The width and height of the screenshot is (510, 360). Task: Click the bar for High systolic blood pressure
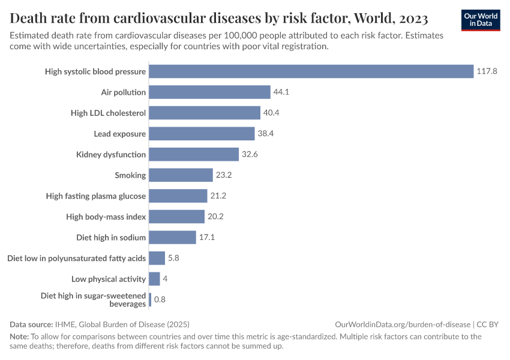311,71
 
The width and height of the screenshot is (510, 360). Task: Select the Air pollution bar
209,92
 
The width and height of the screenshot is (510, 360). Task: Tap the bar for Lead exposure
202,133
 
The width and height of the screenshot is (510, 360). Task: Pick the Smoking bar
181,175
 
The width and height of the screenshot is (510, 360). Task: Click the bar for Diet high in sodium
172,237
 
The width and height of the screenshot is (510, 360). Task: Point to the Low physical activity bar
154,279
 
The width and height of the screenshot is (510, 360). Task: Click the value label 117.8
487,71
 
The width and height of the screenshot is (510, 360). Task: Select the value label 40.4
272,113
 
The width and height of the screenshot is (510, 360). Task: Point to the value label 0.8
160,299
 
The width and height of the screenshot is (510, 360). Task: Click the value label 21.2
218,196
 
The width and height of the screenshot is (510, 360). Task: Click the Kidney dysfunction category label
111,155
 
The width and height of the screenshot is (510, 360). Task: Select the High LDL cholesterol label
108,113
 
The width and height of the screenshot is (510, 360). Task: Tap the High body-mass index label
106,217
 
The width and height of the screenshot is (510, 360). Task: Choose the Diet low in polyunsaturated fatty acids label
76,258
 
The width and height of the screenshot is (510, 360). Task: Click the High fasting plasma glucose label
96,196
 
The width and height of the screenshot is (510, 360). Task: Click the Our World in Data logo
480,20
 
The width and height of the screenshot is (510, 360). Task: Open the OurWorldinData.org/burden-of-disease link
406,325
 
